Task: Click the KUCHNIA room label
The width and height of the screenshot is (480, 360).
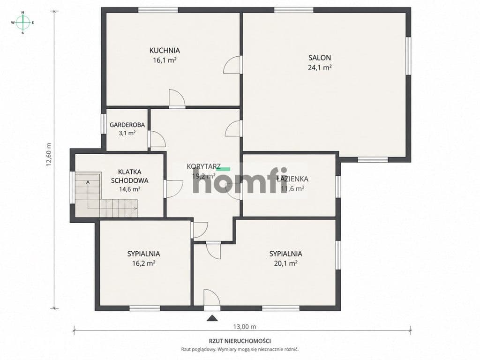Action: click(165, 50)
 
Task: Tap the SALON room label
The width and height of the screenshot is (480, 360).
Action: click(320, 58)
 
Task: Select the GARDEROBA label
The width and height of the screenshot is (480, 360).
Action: click(127, 125)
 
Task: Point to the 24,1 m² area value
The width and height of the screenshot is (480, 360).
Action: click(320, 67)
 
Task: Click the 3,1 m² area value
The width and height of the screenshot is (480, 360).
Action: click(127, 133)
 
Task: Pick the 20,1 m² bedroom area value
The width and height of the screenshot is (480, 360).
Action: click(285, 263)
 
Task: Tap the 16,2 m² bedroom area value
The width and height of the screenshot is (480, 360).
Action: click(143, 263)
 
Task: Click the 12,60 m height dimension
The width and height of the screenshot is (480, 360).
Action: click(49, 155)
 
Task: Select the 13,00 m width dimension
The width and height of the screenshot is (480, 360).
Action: click(245, 327)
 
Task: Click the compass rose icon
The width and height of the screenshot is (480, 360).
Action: click(22, 22)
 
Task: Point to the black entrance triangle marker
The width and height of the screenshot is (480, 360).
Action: click(212, 318)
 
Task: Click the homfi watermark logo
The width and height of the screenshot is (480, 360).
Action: click(240, 180)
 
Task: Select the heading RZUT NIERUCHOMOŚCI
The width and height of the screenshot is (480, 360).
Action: click(240, 341)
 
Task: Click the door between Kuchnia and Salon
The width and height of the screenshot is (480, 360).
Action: click(233, 65)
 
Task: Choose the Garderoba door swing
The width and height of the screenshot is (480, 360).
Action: click(157, 139)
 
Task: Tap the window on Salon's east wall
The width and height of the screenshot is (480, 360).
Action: click(408, 56)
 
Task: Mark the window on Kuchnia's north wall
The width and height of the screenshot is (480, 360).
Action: click(158, 10)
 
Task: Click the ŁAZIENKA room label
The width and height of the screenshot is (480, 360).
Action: click(292, 179)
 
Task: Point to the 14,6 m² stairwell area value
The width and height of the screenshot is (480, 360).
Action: click(130, 189)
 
